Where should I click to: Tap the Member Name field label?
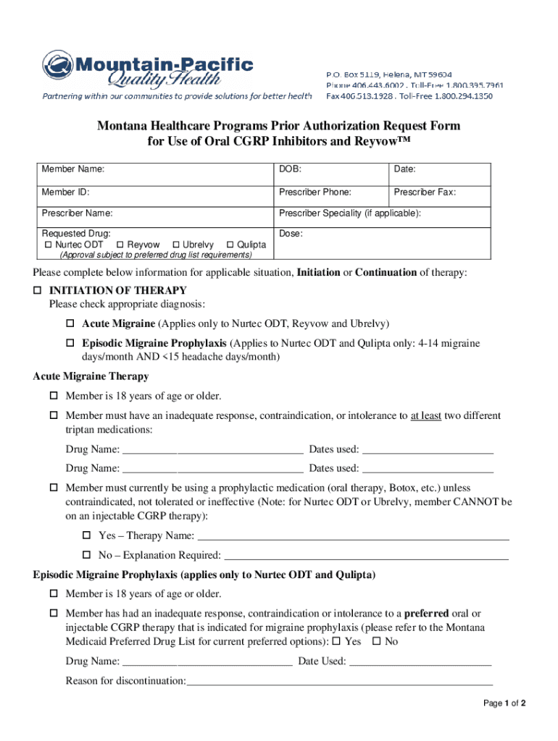72,169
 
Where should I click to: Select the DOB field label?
290,169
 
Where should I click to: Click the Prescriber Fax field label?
425,192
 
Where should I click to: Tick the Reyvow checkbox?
120,245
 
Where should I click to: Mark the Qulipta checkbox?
230,245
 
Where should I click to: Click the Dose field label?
291,234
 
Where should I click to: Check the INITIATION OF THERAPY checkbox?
38,290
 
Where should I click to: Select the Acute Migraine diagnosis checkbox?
71,323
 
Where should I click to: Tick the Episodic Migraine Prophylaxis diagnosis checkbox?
71,343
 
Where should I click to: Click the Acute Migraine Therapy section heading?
91,376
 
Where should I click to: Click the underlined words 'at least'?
426,416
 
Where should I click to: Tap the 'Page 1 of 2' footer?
504,703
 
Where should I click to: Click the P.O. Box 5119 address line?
388,75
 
